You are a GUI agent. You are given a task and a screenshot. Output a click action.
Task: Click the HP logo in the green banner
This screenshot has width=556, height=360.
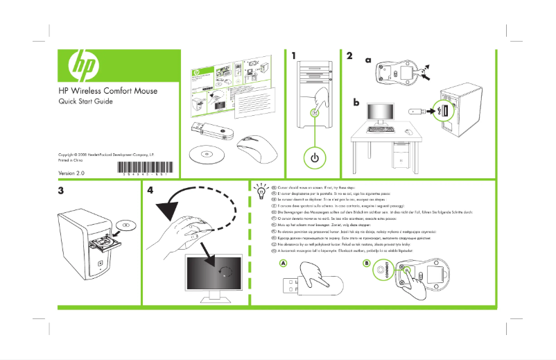coord(82,66)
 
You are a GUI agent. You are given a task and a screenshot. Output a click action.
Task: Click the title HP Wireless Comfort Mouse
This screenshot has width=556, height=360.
coord(107,91)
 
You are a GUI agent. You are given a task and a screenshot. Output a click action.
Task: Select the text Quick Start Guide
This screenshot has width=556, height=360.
coord(85,102)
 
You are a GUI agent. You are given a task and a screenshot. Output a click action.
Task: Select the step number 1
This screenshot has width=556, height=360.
coord(295,55)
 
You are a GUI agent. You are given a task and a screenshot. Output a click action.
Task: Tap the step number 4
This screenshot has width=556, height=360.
coord(150,190)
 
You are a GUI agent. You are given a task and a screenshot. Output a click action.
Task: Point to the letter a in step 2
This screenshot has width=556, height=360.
coord(367,60)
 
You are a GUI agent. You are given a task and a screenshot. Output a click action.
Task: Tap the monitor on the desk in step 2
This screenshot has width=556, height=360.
coord(380,115)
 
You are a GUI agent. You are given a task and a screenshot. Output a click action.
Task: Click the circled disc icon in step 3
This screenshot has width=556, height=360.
coord(125,223)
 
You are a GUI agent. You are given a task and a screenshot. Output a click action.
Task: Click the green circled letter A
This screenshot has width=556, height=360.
coord(283,264)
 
